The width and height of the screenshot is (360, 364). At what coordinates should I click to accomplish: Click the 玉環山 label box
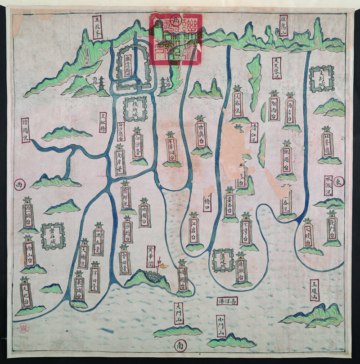coord(315,290)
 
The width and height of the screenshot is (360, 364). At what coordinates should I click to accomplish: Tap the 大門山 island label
coord(179,314)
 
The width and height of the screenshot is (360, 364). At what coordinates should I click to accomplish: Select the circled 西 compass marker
coord(18,185)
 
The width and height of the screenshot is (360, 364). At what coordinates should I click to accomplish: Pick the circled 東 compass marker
coord(339,182)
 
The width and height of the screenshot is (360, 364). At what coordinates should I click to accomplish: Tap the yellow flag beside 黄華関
coord(158,265)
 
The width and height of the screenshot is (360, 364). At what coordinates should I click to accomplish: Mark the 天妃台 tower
coord(26,293)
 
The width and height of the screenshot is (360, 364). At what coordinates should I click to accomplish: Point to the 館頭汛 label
coord(25,130)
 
